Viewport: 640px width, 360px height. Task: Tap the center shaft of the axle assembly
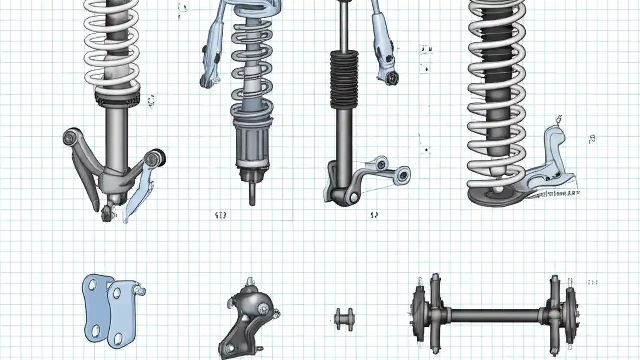[495, 315]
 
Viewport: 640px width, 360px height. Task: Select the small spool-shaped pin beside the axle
[344, 319]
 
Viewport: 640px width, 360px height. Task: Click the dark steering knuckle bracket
[250, 315]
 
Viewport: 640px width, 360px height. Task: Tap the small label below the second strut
[220, 215]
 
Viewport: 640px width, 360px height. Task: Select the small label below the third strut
[374, 215]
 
